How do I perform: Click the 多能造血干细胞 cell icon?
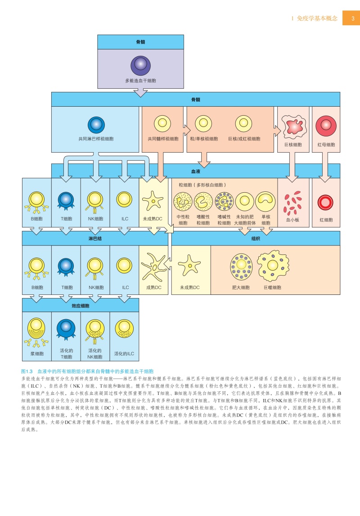click(141, 65)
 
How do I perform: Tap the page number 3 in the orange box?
click(352, 19)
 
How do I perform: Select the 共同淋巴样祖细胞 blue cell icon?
click(96, 124)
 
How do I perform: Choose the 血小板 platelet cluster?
click(292, 204)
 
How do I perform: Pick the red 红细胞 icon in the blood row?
click(325, 203)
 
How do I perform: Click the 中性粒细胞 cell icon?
click(183, 202)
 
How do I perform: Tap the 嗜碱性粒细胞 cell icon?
click(224, 202)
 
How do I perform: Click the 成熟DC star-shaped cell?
click(154, 267)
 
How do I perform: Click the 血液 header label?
click(196, 172)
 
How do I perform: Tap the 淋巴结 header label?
click(95, 238)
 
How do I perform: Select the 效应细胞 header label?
click(81, 305)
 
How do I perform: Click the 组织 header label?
click(256, 238)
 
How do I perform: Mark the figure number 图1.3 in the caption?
click(28, 371)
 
